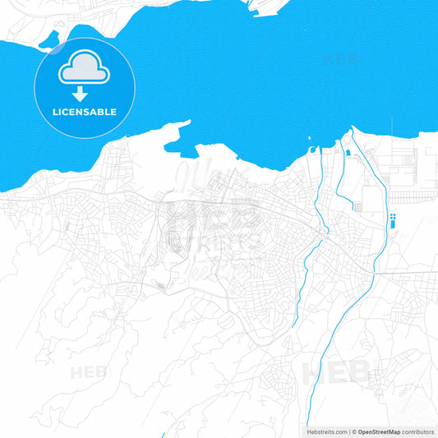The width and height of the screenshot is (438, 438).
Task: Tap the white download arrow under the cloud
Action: coord(80,94)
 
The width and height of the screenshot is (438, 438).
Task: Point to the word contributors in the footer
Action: coord(417,431)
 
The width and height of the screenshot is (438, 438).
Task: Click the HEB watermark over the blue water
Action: coord(340,59)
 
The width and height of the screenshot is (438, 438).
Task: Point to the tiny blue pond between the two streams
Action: coord(347,153)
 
